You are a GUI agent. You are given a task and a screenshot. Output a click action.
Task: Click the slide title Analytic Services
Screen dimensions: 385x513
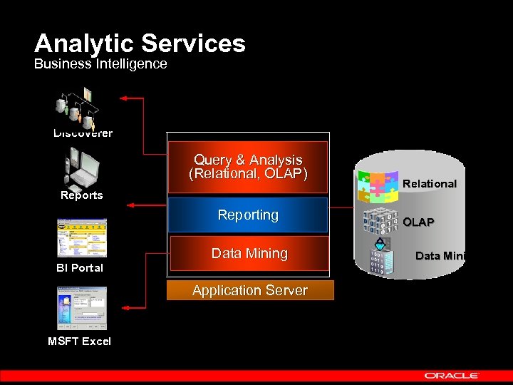pyautogui.click(x=140, y=43)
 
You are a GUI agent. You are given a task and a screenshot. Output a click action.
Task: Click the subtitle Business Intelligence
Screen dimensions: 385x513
pyautogui.click(x=100, y=64)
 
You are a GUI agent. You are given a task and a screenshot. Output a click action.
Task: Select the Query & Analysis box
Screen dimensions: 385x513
pyautogui.click(x=247, y=167)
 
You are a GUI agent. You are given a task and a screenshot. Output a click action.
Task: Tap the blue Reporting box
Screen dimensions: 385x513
pyautogui.click(x=247, y=215)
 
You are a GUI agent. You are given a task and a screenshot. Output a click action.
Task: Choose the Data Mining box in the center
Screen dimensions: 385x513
pyautogui.click(x=249, y=254)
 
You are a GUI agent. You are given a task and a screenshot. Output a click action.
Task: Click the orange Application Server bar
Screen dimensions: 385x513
pyautogui.click(x=249, y=290)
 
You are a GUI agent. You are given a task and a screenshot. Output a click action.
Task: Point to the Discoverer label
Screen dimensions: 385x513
pyautogui.click(x=83, y=133)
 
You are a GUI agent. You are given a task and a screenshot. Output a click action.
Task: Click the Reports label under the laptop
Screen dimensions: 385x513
pyautogui.click(x=81, y=195)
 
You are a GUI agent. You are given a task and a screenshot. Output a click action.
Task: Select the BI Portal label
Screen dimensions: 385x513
pyautogui.click(x=80, y=268)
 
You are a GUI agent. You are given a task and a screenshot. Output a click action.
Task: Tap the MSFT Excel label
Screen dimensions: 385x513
pyautogui.click(x=79, y=342)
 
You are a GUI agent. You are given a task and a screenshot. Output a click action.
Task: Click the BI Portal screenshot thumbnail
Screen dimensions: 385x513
pyautogui.click(x=82, y=238)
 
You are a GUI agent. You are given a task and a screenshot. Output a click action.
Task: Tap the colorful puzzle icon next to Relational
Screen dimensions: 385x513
pyautogui.click(x=377, y=188)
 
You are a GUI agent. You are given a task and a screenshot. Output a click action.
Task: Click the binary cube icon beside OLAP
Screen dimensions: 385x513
pyautogui.click(x=380, y=222)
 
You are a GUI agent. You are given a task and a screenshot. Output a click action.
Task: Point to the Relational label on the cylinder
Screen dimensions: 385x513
pyautogui.click(x=430, y=184)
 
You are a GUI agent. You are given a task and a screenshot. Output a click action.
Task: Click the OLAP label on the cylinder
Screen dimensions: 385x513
pyautogui.click(x=418, y=222)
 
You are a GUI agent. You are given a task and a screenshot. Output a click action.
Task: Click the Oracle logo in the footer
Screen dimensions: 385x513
pyautogui.click(x=452, y=375)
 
